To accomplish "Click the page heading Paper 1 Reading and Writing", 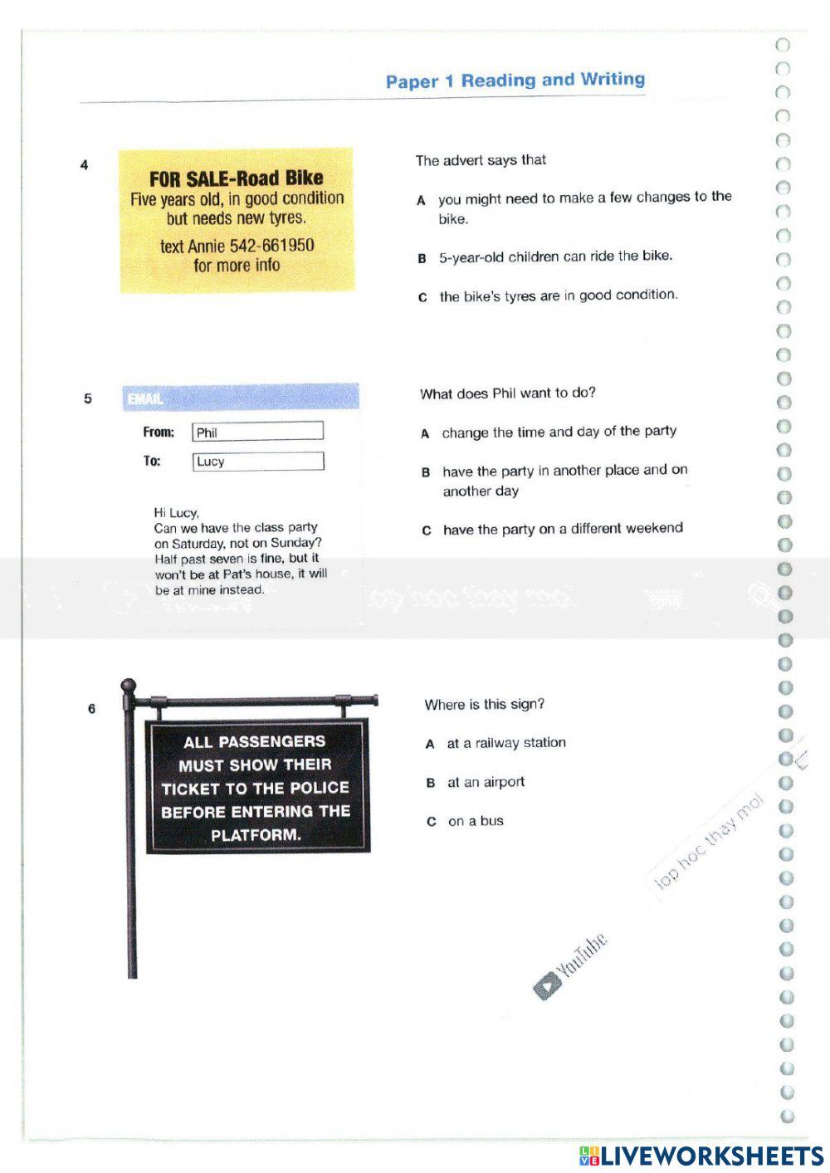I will pos(515,81).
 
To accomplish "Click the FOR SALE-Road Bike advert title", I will pos(237,178).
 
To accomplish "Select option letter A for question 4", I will pos(421,200).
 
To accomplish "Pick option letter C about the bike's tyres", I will pos(422,297).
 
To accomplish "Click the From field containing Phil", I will pos(257,432).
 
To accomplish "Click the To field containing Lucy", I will pos(257,462).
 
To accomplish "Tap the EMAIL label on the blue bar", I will pos(145,399).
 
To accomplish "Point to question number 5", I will pos(88,398).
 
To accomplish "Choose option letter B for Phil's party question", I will pos(426,472).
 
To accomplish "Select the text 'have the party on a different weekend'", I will pos(563,529).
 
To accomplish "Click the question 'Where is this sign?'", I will pos(485,705).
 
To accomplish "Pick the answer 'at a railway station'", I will pos(506,743).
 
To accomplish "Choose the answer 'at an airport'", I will pos(486,782).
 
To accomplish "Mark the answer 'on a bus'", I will pos(476,821).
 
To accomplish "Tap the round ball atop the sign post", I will pos(129,686).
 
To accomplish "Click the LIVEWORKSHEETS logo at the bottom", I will pos(701,1156).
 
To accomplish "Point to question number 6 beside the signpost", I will pos(91,709).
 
